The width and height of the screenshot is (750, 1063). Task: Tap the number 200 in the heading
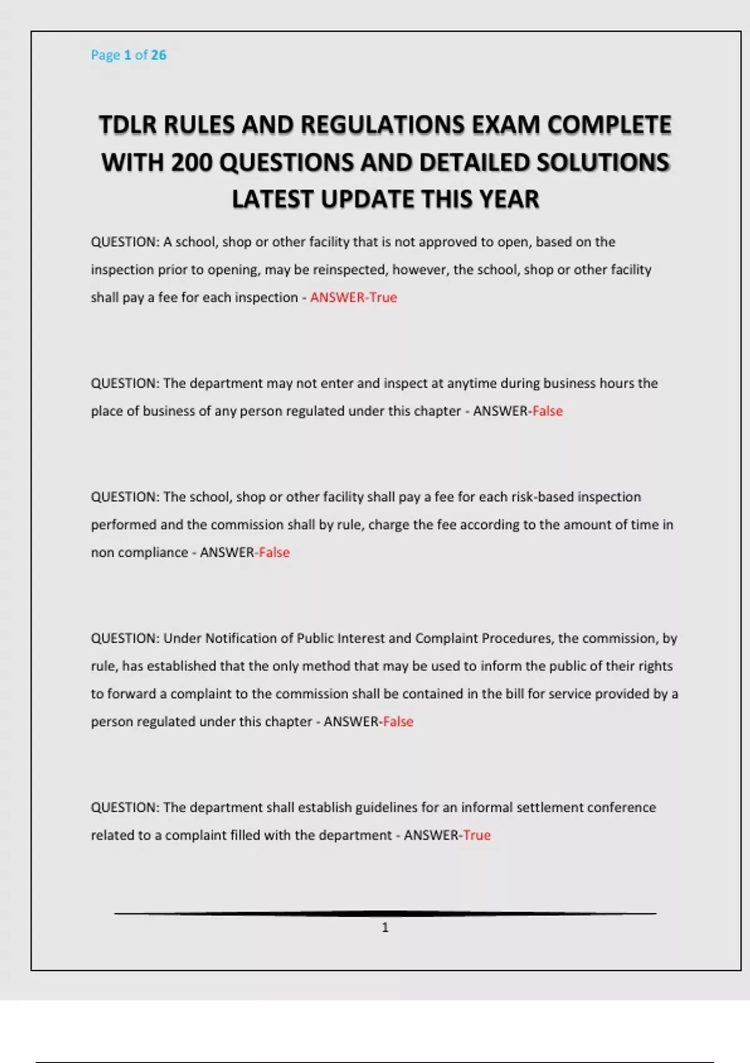pyautogui.click(x=191, y=163)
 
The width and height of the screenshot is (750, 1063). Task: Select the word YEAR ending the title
pyautogui.click(x=509, y=199)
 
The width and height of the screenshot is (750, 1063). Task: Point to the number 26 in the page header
pyautogui.click(x=159, y=55)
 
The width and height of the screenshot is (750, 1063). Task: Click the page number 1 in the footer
pyautogui.click(x=385, y=927)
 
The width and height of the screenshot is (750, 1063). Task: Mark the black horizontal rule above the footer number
pyautogui.click(x=385, y=914)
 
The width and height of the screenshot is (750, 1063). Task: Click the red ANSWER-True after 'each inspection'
pyautogui.click(x=354, y=298)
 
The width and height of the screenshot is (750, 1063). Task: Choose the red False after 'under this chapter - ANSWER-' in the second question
pyautogui.click(x=547, y=411)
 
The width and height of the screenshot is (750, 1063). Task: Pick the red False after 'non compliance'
pyautogui.click(x=274, y=553)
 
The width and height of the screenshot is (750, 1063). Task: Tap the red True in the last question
pyautogui.click(x=477, y=835)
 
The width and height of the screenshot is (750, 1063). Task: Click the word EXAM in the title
pyautogui.click(x=506, y=125)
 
